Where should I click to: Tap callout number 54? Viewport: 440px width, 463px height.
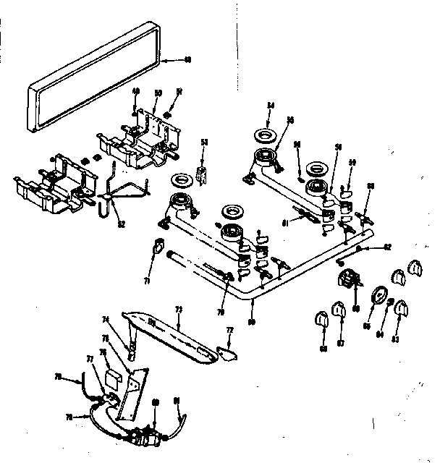(271, 106)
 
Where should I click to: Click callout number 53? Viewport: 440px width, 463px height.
(204, 143)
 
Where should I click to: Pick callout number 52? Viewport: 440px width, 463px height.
(122, 224)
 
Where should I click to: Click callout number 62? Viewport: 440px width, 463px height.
(387, 247)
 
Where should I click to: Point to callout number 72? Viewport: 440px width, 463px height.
(230, 330)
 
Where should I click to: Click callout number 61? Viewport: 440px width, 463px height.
(285, 223)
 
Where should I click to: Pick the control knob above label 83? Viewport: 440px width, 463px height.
(397, 310)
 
